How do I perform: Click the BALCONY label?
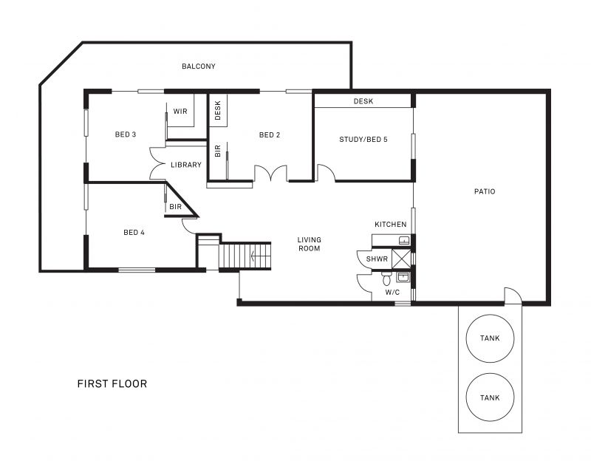(198, 66)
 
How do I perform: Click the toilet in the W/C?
(386, 279)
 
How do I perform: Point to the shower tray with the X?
(401, 259)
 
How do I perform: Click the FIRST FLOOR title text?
(112, 383)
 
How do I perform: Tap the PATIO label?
(485, 191)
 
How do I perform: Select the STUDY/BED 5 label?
(363, 140)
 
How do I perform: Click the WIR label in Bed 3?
(180, 112)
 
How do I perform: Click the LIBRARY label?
(186, 165)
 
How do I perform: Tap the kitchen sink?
(404, 240)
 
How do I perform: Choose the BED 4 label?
(134, 233)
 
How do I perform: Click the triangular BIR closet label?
(175, 207)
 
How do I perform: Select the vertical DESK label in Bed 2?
(217, 110)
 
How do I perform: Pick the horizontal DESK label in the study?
(363, 101)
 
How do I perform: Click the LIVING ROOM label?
(310, 244)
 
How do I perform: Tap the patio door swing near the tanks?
(513, 296)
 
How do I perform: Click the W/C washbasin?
(403, 277)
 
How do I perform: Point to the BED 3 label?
(126, 134)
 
